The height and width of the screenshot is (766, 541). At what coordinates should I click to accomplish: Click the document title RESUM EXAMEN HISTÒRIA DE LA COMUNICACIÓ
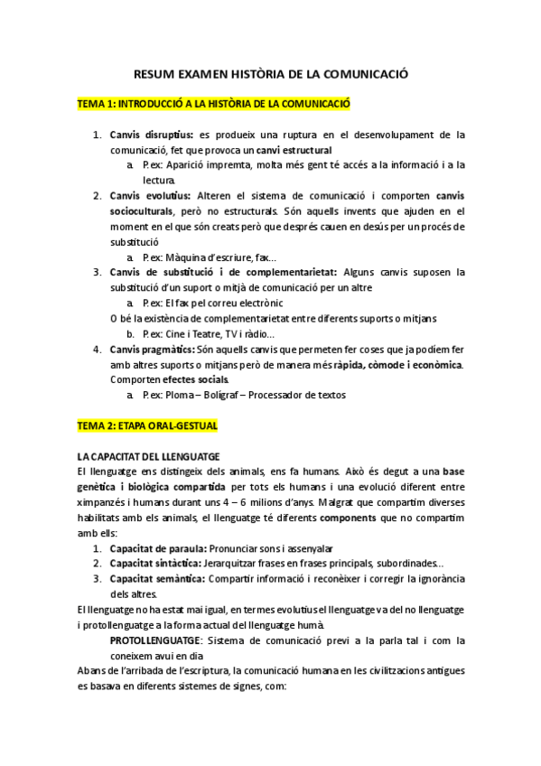[x=270, y=77]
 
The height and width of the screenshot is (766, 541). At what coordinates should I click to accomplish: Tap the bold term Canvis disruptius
[x=151, y=135]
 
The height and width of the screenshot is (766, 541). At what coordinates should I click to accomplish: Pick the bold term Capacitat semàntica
[x=158, y=578]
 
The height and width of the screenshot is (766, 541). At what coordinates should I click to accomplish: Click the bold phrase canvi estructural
[x=294, y=149]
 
